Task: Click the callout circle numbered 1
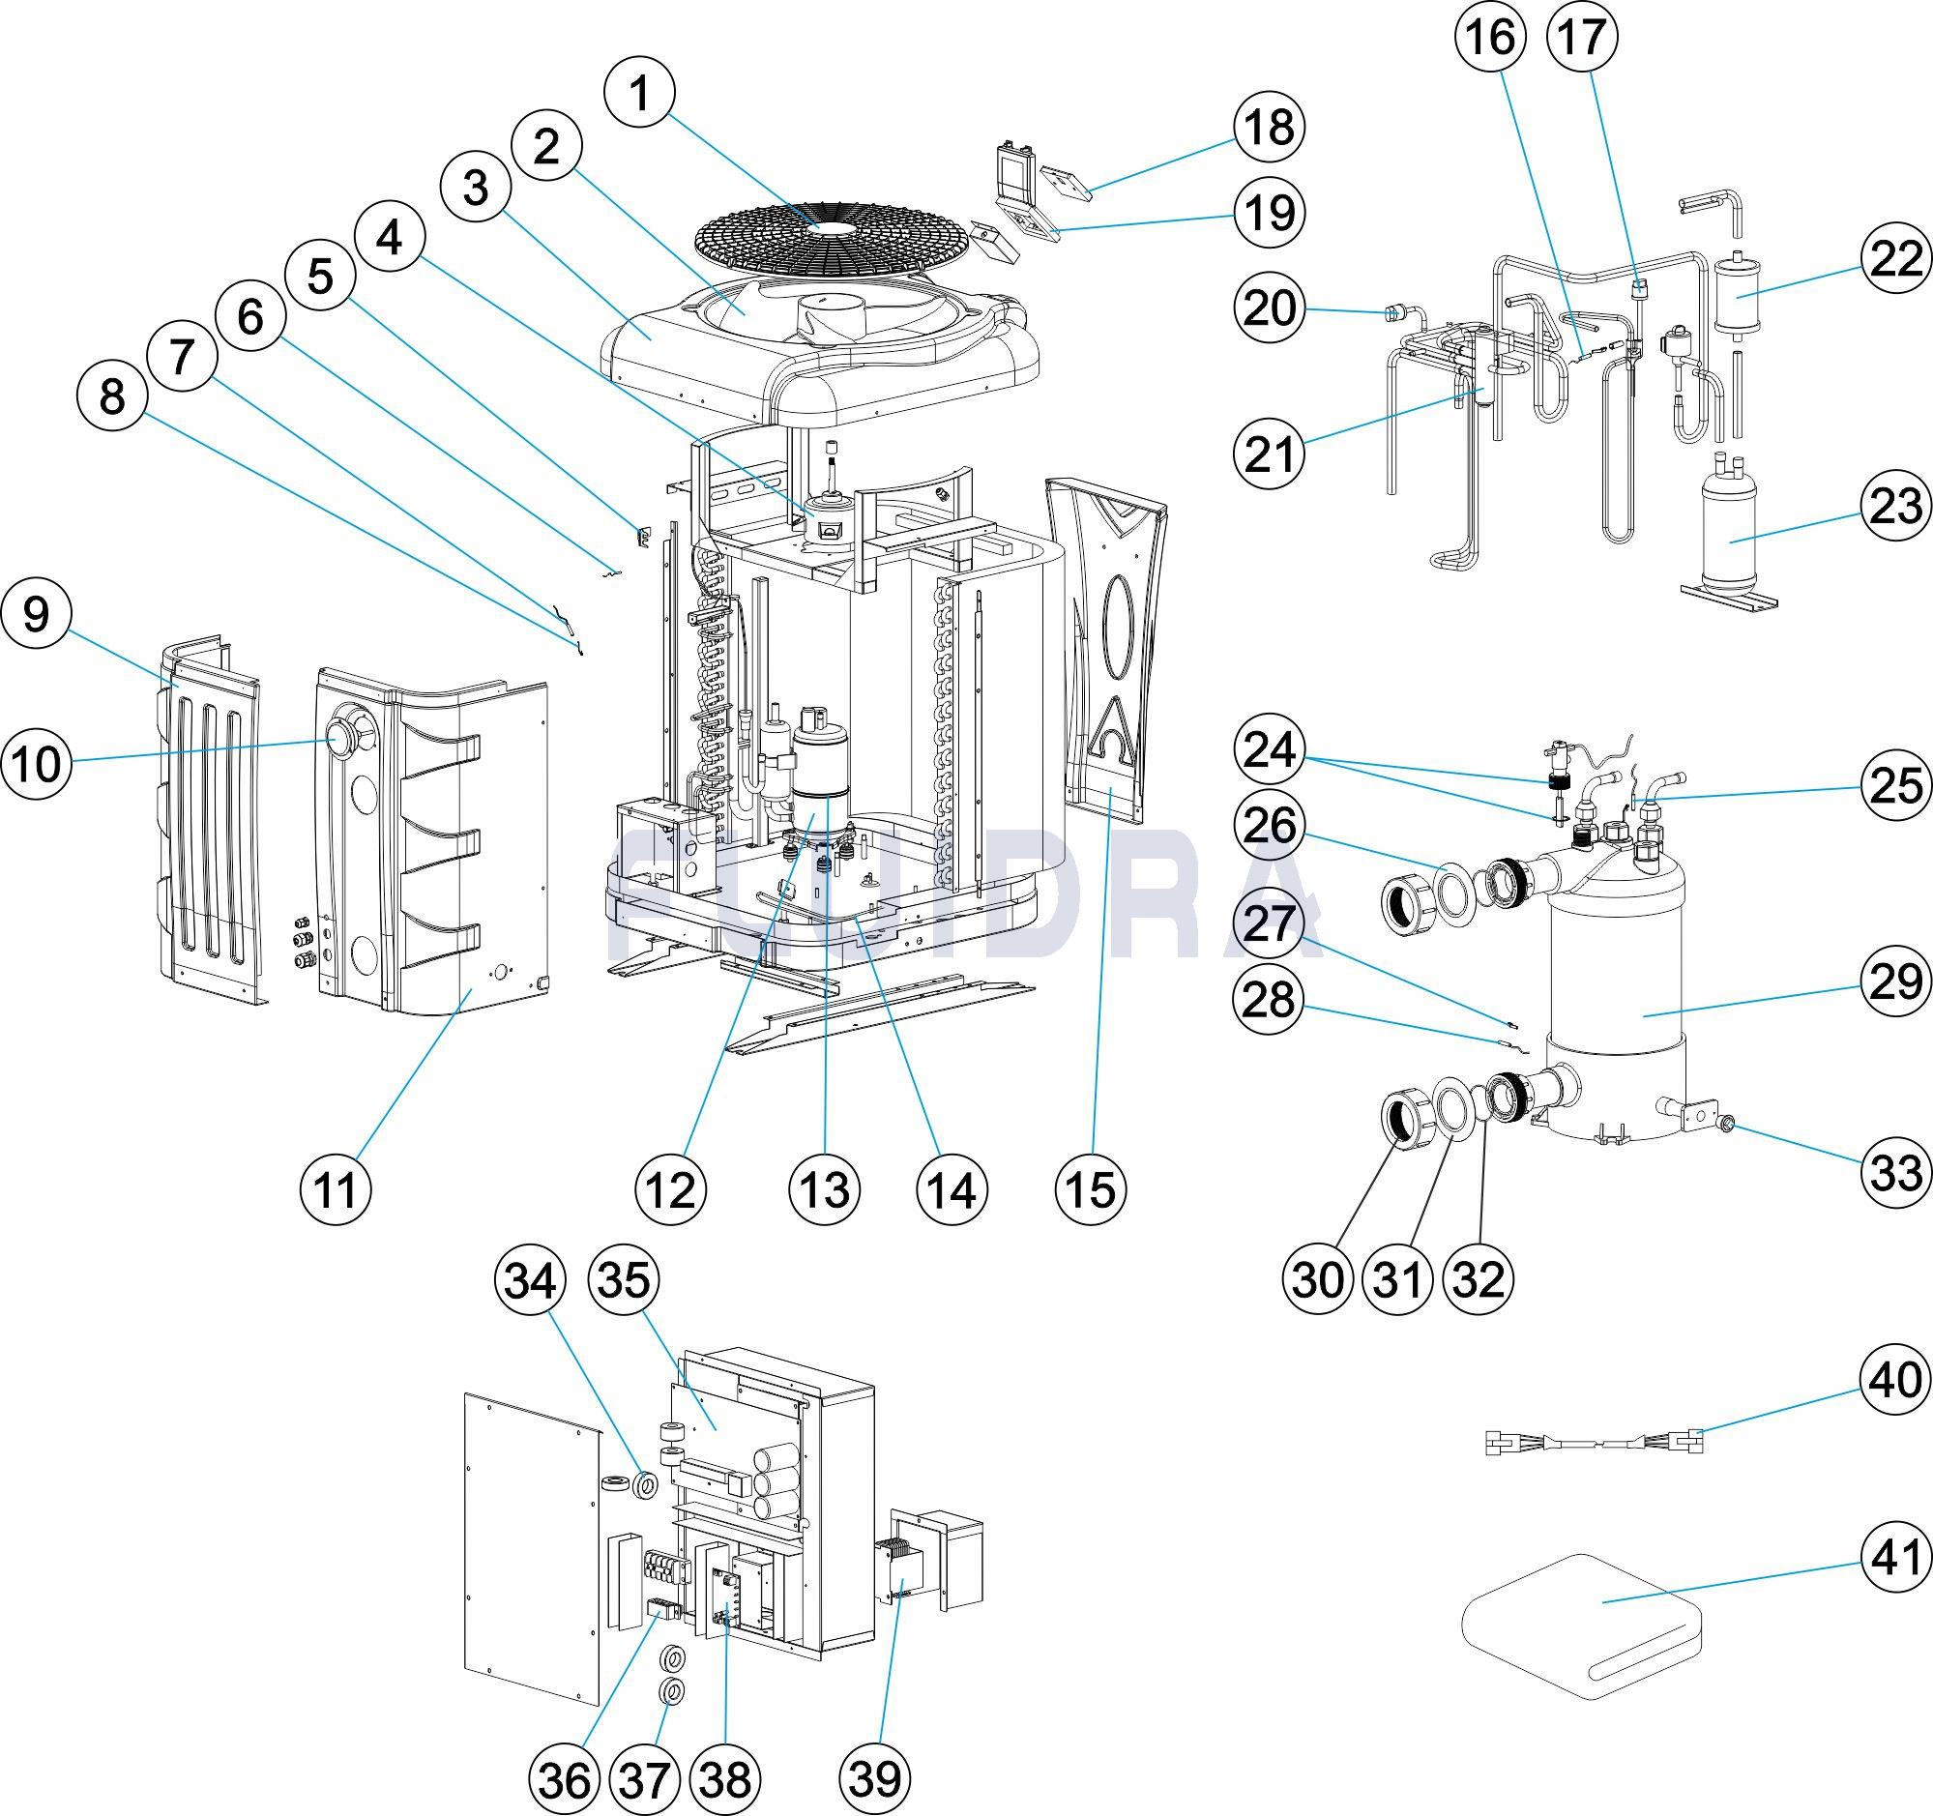(639, 95)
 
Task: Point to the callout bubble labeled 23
(1895, 507)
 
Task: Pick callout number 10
(37, 764)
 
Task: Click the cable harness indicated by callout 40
(1595, 1469)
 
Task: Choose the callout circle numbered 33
(1895, 1173)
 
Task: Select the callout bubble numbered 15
(1091, 1189)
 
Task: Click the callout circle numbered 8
(112, 396)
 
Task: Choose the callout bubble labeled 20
(1269, 308)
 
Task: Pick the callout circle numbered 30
(1319, 1280)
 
